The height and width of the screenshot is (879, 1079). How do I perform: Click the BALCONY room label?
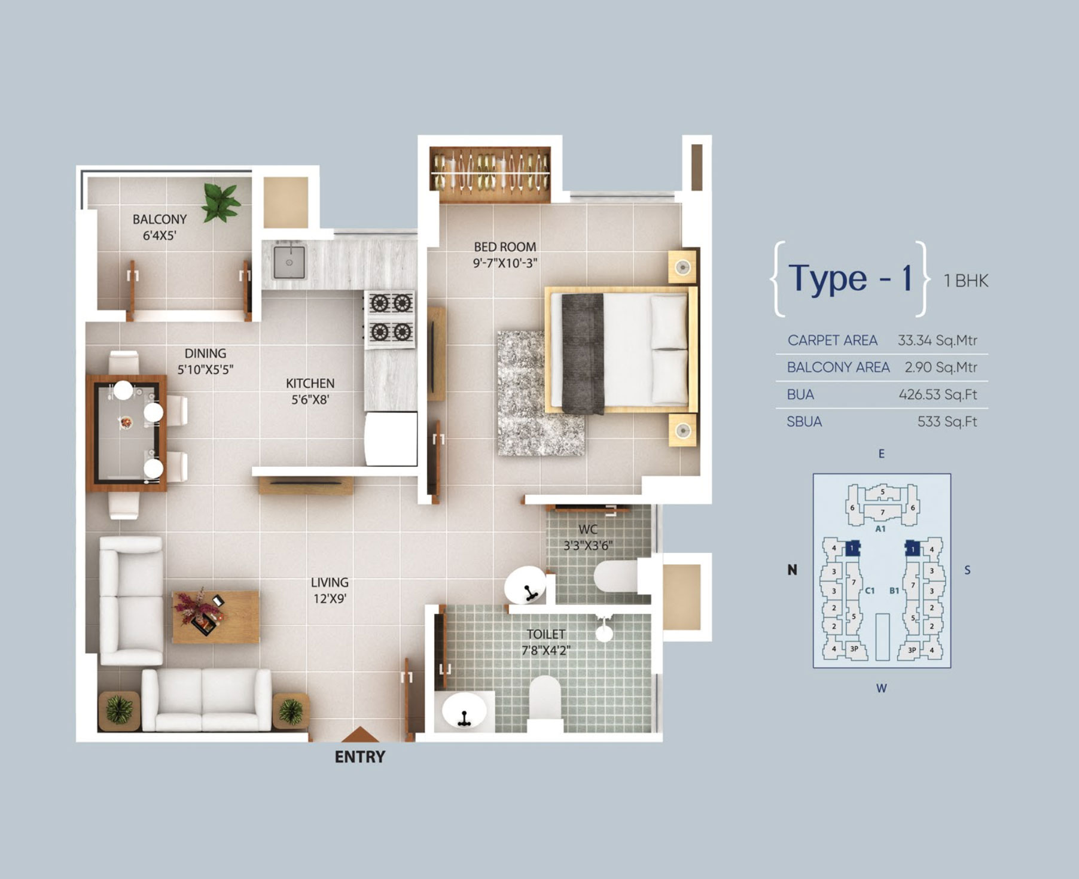(160, 220)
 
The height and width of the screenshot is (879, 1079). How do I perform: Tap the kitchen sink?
(289, 261)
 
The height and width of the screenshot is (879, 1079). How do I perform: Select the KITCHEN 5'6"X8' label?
(310, 391)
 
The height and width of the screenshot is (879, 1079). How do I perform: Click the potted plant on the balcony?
(221, 202)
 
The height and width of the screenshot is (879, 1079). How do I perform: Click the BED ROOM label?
(505, 247)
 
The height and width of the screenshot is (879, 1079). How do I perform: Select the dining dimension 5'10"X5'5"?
(205, 370)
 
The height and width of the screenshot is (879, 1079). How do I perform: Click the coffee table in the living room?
(215, 617)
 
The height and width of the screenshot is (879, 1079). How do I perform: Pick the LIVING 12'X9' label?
(330, 590)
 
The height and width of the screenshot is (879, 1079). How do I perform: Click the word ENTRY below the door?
(359, 757)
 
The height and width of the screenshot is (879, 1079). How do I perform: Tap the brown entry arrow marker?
(359, 735)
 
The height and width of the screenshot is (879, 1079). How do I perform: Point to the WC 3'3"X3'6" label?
(588, 537)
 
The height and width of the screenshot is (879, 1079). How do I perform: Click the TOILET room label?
(545, 634)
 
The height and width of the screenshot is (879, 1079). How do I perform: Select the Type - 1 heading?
(850, 278)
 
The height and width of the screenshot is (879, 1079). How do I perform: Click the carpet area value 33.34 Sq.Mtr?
(937, 340)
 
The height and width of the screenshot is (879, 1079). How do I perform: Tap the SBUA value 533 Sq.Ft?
(947, 422)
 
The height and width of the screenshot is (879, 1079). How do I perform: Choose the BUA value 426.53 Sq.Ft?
(938, 394)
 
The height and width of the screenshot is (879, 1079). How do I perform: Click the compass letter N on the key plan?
(792, 570)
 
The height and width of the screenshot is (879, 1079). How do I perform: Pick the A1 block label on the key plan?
(880, 529)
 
